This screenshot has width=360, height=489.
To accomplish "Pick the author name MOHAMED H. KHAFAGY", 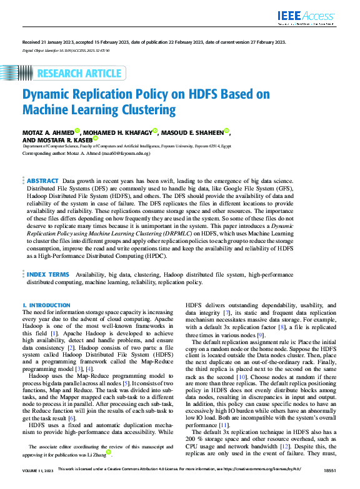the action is (x=116, y=132).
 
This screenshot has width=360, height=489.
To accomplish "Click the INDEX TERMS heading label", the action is (x=48, y=274).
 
